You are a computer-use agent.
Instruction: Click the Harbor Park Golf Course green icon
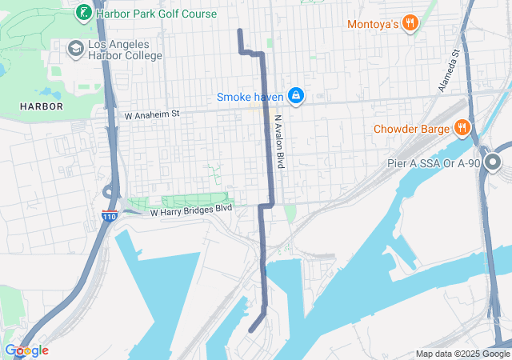tap(82, 13)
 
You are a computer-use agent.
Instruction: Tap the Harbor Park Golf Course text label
tap(156, 14)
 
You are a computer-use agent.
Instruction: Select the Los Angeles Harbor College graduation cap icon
tap(76, 49)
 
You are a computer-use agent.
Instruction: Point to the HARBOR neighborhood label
tap(41, 106)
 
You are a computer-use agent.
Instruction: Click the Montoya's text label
tap(373, 25)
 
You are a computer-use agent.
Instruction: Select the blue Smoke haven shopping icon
tap(296, 96)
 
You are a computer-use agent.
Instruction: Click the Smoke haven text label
tap(250, 97)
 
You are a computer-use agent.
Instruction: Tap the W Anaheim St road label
tap(152, 114)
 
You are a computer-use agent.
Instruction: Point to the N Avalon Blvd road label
tap(280, 140)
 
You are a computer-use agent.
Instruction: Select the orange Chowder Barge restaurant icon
tap(462, 128)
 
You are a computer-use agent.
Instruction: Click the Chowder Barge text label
tap(412, 129)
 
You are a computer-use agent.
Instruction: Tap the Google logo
tap(26, 350)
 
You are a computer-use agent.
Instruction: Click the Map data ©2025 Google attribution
tap(462, 354)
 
